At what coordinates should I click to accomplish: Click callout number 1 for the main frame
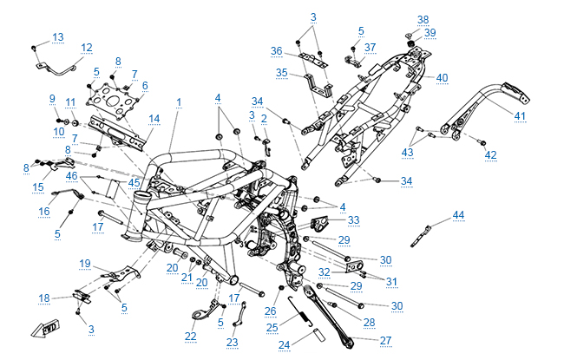pyautogui.click(x=179, y=102)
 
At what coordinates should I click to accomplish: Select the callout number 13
pyautogui.click(x=58, y=36)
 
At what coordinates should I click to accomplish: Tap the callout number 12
pyautogui.click(x=86, y=48)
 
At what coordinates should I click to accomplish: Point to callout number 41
pyautogui.click(x=520, y=115)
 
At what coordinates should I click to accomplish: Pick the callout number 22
pyautogui.click(x=191, y=336)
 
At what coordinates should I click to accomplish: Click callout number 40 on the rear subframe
pyautogui.click(x=442, y=78)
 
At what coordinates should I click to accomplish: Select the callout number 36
pyautogui.click(x=277, y=50)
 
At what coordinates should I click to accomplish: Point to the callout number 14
pyautogui.click(x=154, y=118)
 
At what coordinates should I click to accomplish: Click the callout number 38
pyautogui.click(x=423, y=19)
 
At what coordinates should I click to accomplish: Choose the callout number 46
pyautogui.click(x=72, y=177)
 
